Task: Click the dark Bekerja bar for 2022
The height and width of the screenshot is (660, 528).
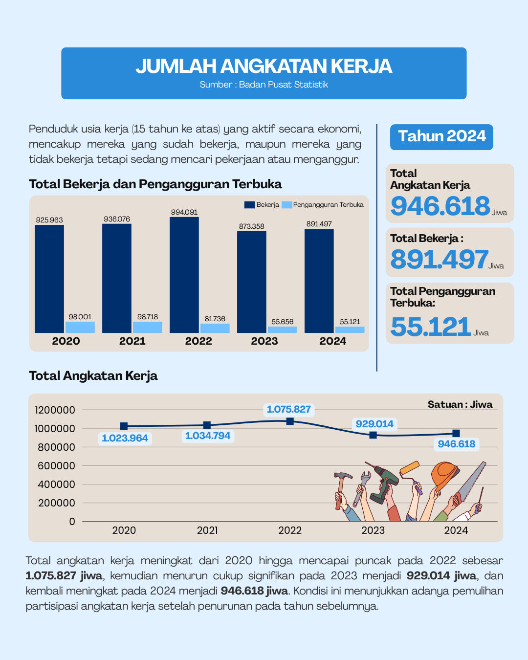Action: pyautogui.click(x=184, y=275)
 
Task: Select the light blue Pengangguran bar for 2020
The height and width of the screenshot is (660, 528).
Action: pyautogui.click(x=80, y=327)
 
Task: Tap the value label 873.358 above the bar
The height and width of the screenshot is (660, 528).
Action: pyautogui.click(x=252, y=226)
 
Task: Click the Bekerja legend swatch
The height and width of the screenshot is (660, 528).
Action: pyautogui.click(x=249, y=205)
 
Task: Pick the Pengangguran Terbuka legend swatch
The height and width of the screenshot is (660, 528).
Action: pyautogui.click(x=286, y=205)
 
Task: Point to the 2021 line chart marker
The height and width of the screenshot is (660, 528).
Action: pyautogui.click(x=207, y=425)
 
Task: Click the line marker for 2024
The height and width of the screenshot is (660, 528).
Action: pyautogui.click(x=456, y=433)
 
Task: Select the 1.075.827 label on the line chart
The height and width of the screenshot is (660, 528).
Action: pyautogui.click(x=289, y=409)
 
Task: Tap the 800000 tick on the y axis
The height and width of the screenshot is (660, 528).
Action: pyautogui.click(x=56, y=447)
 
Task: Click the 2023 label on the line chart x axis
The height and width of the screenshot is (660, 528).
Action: pyautogui.click(x=373, y=530)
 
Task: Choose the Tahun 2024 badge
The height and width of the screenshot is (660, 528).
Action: pyautogui.click(x=441, y=137)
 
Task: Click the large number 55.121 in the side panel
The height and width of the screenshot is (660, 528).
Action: pyautogui.click(x=430, y=327)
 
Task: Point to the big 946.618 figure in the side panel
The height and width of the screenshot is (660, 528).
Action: pyautogui.click(x=440, y=206)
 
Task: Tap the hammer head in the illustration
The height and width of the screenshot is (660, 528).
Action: pyautogui.click(x=343, y=476)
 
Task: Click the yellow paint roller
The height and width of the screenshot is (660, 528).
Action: pyautogui.click(x=410, y=467)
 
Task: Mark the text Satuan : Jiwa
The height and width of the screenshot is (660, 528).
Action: pyautogui.click(x=460, y=404)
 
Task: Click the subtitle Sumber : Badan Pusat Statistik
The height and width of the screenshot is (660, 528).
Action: pyautogui.click(x=264, y=85)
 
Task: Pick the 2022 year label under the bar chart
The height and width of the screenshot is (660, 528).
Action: pyautogui.click(x=198, y=341)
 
